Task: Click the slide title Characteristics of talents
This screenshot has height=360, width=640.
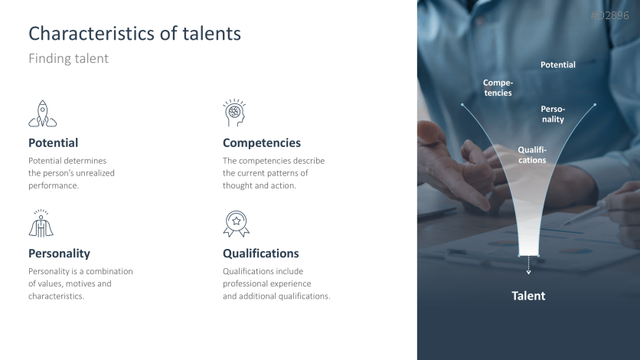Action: [x=135, y=34]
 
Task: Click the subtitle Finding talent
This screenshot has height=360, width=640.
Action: [x=68, y=59]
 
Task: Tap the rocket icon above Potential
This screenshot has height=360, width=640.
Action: [x=42, y=113]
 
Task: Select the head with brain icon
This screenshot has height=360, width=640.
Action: [x=234, y=113]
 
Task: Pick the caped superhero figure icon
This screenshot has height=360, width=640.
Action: [x=41, y=223]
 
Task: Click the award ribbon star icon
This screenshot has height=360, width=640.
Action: [x=236, y=224]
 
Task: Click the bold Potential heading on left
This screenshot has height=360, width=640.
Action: [x=53, y=142]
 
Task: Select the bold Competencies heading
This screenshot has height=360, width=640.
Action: [x=261, y=142]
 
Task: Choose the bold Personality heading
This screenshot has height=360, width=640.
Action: [x=59, y=253]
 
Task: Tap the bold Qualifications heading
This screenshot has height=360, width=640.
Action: [x=260, y=253]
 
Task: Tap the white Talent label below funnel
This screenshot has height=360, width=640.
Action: [x=528, y=296]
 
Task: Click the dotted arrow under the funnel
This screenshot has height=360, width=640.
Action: [x=528, y=266]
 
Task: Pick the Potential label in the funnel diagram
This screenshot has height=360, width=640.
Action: [x=557, y=65]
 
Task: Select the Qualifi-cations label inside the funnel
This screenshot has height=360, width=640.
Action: [x=532, y=155]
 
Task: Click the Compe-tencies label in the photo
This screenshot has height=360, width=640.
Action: [x=498, y=87]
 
